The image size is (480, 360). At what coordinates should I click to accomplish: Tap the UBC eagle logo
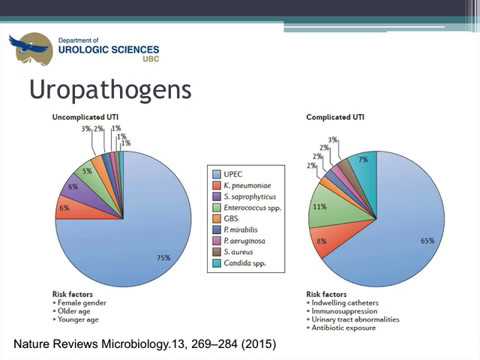point(30,46)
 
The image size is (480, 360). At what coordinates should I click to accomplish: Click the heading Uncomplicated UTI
point(87,117)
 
